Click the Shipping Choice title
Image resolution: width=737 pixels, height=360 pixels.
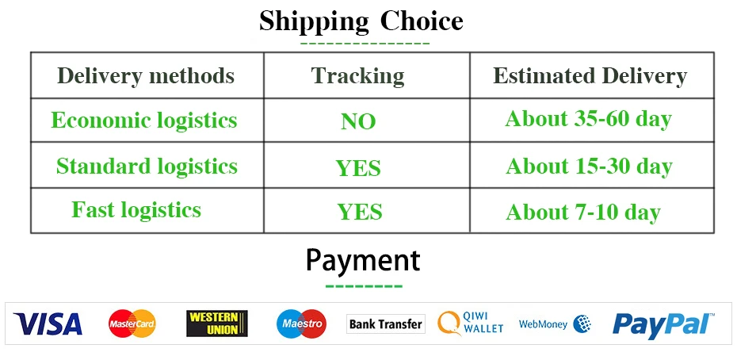click(x=361, y=21)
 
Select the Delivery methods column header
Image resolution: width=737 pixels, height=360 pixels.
click(x=146, y=76)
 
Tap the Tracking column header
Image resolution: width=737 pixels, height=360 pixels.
click(x=357, y=76)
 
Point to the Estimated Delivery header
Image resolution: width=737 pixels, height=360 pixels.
click(x=590, y=76)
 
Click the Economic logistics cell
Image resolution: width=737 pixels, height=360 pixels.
click(x=143, y=121)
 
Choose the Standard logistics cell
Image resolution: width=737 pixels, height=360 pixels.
click(x=147, y=166)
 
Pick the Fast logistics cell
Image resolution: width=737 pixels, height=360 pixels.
click(x=136, y=209)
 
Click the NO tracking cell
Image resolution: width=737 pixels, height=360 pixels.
click(x=358, y=122)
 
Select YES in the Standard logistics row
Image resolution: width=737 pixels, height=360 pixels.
click(x=358, y=168)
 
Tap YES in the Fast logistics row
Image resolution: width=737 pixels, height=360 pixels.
click(x=360, y=213)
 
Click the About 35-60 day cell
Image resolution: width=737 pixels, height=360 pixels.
click(x=589, y=120)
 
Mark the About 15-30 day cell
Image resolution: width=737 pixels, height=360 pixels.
click(x=589, y=167)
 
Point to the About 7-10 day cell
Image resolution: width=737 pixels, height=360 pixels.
click(x=583, y=213)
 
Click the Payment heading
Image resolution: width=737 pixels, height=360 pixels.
click(x=363, y=260)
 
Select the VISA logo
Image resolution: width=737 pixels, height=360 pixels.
click(x=48, y=324)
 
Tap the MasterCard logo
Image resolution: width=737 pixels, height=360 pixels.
click(x=132, y=324)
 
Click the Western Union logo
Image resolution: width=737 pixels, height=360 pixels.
click(x=216, y=324)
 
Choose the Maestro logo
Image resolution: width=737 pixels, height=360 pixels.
click(x=301, y=324)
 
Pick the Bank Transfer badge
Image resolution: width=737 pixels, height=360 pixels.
click(x=386, y=324)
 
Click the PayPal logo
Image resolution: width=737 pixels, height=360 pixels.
click(x=663, y=324)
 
